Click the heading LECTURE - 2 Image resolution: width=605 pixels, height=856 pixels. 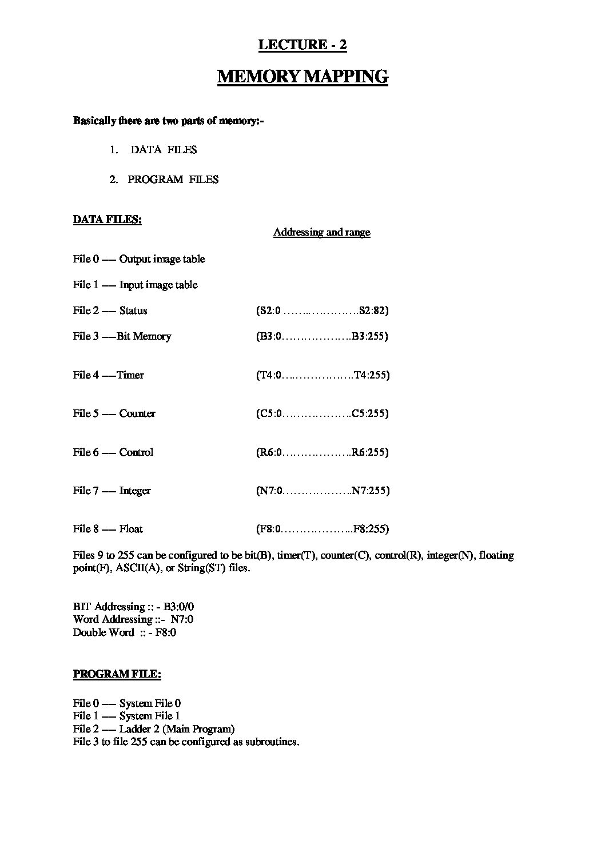302,45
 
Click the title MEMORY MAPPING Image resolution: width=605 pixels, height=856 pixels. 302,77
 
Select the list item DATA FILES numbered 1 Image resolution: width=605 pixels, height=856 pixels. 164,150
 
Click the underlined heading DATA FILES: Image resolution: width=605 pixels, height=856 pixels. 107,220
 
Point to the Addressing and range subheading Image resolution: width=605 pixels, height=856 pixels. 321,232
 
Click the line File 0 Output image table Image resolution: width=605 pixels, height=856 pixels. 139,260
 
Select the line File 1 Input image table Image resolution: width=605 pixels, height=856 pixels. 136,285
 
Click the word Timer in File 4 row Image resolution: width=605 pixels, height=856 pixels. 130,375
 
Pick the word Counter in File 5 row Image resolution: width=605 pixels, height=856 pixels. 137,413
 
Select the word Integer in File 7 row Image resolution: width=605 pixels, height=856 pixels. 135,491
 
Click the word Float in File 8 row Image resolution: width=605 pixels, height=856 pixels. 131,529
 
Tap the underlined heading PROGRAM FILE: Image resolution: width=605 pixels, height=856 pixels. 117,674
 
